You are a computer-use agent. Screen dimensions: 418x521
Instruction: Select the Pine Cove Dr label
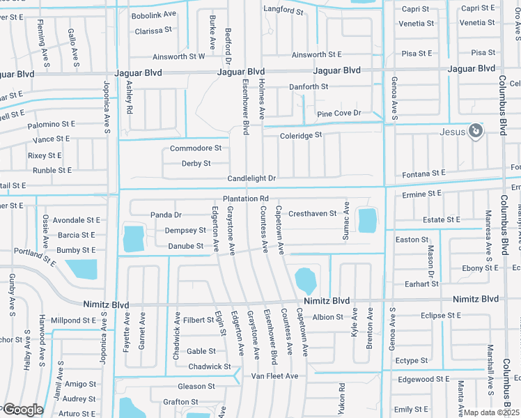tap(339, 113)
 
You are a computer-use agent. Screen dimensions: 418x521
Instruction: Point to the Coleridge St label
tap(301, 135)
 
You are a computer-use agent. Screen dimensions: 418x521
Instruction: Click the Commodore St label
tap(196, 148)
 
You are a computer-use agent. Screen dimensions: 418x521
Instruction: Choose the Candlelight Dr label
tap(251, 179)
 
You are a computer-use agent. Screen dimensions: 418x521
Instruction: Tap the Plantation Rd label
tap(246, 199)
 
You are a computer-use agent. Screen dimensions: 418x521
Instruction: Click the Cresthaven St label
tap(312, 214)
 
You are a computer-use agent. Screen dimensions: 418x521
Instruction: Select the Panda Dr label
tap(166, 215)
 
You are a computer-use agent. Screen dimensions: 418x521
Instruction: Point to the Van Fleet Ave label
tap(274, 376)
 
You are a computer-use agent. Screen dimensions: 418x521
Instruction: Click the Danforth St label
tap(309, 87)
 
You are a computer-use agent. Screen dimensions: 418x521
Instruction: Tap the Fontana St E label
tap(423, 173)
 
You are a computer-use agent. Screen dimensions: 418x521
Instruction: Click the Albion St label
tap(328, 317)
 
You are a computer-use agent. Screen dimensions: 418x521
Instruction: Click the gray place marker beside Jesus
tap(476, 131)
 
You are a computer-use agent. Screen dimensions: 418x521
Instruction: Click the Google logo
tap(23, 410)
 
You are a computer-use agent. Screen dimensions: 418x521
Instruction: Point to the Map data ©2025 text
tap(490, 412)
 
